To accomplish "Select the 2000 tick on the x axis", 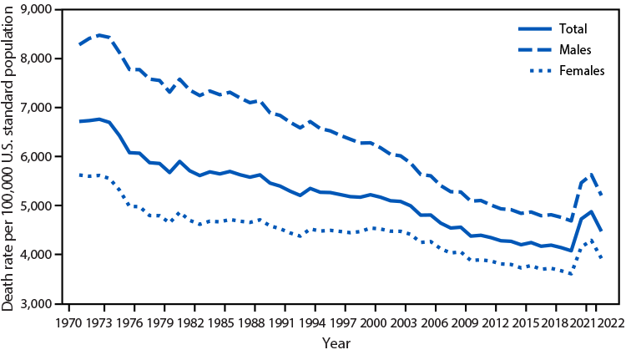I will (373, 322).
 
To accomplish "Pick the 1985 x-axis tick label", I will (221, 322).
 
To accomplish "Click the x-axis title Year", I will (337, 342).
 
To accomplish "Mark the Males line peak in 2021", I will (592, 173).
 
